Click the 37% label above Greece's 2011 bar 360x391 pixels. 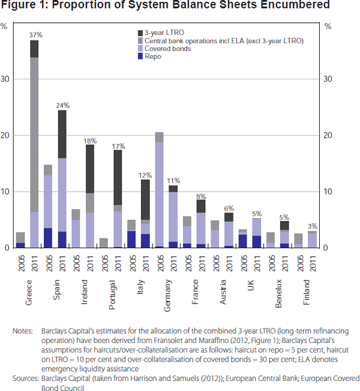34,35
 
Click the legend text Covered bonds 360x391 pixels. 169,49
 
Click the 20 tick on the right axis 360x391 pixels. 328,135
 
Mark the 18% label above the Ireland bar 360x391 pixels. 89,141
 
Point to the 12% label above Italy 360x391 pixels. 145,175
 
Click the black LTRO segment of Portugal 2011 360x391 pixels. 118,177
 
